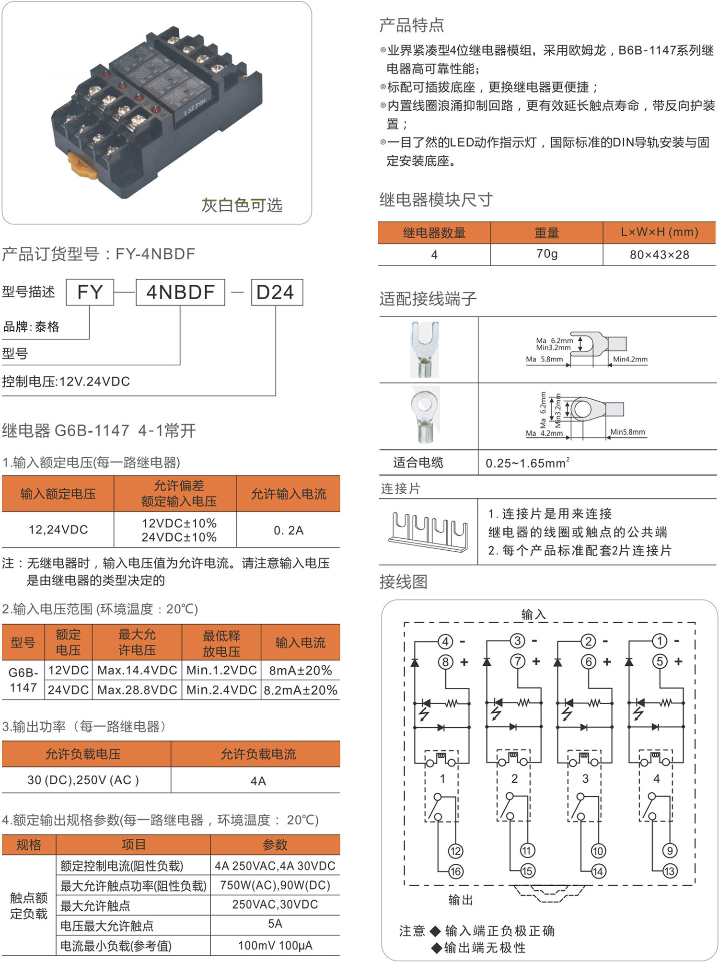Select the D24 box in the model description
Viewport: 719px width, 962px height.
tap(277, 292)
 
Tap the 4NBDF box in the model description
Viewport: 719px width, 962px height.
tap(180, 292)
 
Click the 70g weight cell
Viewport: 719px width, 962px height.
tap(546, 254)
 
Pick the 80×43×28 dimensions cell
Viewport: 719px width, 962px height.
tap(659, 255)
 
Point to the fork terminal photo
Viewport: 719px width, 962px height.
tap(425, 349)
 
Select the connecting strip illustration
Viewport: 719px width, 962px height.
tap(428, 532)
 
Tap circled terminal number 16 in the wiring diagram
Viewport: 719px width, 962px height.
tap(455, 871)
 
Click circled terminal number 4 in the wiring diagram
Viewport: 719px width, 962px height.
tap(445, 641)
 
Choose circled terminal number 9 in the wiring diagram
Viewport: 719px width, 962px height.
tap(670, 851)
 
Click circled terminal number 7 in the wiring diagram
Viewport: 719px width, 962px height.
tap(517, 661)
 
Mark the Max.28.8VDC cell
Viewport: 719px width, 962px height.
tap(137, 690)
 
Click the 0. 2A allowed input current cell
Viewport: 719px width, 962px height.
tap(288, 530)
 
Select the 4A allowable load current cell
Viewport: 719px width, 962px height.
tap(258, 781)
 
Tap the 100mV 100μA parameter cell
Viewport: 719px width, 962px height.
tap(275, 945)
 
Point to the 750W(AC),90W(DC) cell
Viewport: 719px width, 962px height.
tap(275, 885)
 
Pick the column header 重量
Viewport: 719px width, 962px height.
tap(546, 233)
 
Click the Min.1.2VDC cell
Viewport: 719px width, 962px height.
tap(221, 670)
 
